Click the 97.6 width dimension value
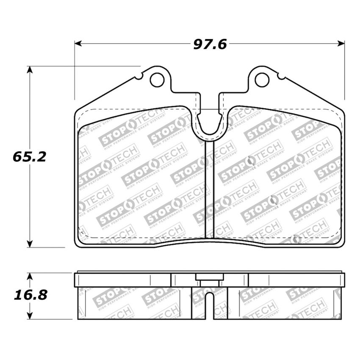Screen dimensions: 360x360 coord(210,44)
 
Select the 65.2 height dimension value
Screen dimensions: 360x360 coord(29,157)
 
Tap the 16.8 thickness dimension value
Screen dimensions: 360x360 coord(30,295)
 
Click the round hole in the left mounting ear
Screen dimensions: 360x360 coord(157,79)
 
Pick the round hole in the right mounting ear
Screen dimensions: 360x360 coord(262,79)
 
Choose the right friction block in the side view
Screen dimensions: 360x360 coord(284,303)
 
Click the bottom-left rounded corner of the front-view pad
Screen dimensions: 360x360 coord(78,243)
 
